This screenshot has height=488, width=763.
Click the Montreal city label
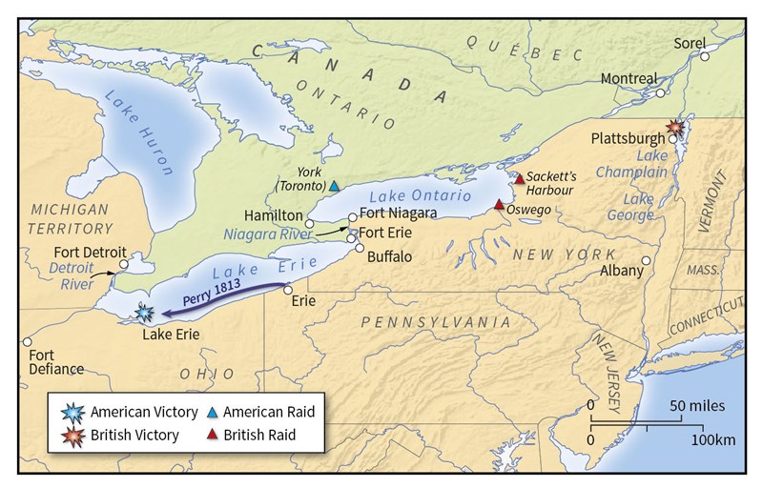[x=629, y=78]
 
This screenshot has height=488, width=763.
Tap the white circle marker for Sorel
[x=705, y=57]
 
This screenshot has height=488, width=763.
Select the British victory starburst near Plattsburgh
[x=676, y=126]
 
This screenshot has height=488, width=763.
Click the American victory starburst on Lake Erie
[x=144, y=312]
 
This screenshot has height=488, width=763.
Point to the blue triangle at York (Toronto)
[x=334, y=185]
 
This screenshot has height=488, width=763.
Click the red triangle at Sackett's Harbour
[x=519, y=178]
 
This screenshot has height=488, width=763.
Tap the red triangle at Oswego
[x=499, y=204]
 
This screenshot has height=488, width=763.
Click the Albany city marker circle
[x=647, y=260]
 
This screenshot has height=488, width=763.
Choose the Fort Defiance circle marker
[x=28, y=341]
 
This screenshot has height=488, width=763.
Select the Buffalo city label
[x=389, y=256]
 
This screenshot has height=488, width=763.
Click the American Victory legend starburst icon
[x=72, y=412]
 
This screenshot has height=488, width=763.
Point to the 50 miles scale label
[x=695, y=405]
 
